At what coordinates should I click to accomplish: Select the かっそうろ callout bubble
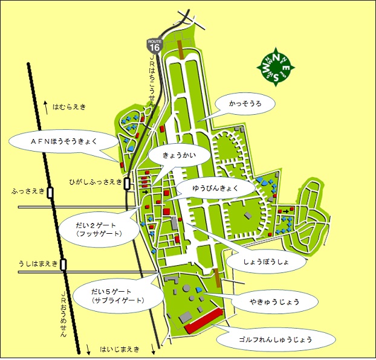245,104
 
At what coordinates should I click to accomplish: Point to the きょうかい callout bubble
180,155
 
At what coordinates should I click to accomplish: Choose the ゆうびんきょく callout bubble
216,188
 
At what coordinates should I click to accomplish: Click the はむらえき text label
69,107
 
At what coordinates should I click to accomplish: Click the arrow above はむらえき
45,106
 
